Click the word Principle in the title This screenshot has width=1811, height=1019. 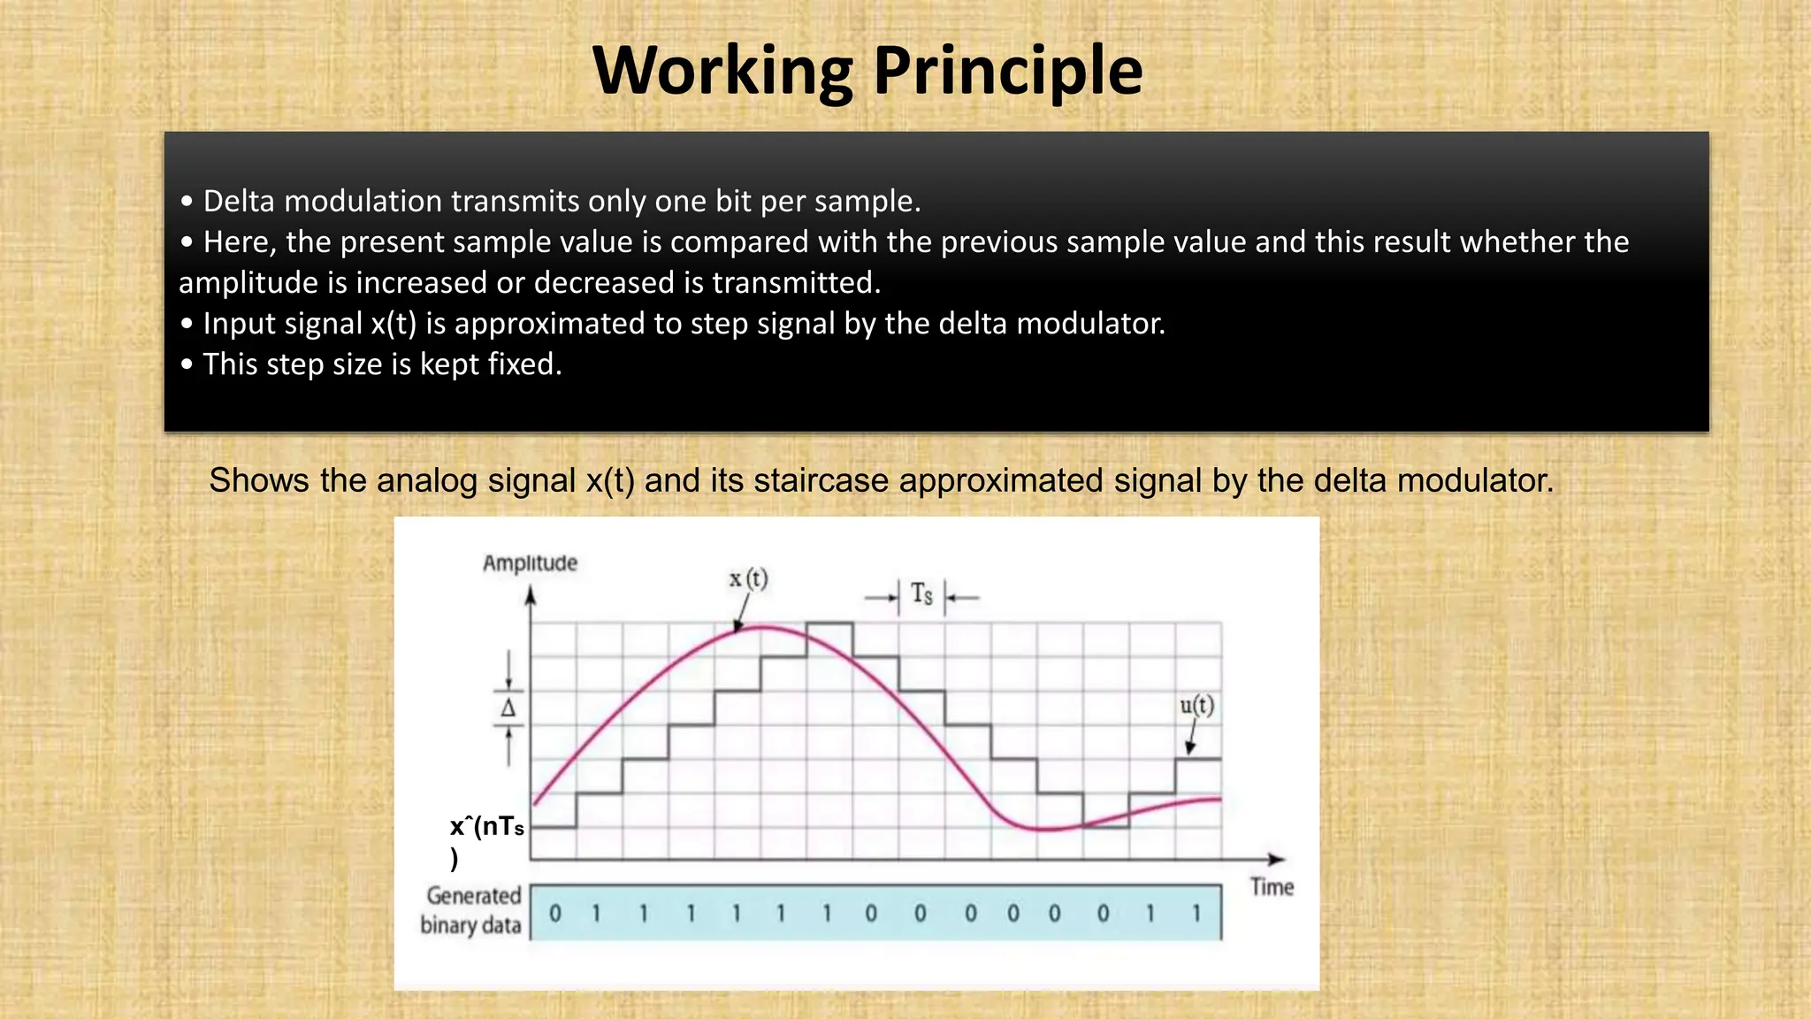point(1008,71)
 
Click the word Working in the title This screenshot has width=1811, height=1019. point(722,71)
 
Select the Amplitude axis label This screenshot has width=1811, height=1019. point(530,563)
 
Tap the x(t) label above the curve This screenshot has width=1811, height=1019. point(749,579)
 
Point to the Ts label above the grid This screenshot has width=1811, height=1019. point(922,594)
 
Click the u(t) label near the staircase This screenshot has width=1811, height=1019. point(1197,706)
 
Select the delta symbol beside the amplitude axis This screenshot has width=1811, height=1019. point(508,709)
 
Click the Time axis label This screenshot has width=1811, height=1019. point(1272,887)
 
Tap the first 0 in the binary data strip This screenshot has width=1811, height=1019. point(555,914)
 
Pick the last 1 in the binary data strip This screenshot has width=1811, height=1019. point(1196,914)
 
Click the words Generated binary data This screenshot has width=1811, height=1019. point(471,910)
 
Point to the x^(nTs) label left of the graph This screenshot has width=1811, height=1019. point(485,839)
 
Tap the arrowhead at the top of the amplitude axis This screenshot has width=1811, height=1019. point(531,596)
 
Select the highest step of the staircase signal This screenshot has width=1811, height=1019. point(829,624)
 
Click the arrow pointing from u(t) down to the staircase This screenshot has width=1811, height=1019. point(1192,737)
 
